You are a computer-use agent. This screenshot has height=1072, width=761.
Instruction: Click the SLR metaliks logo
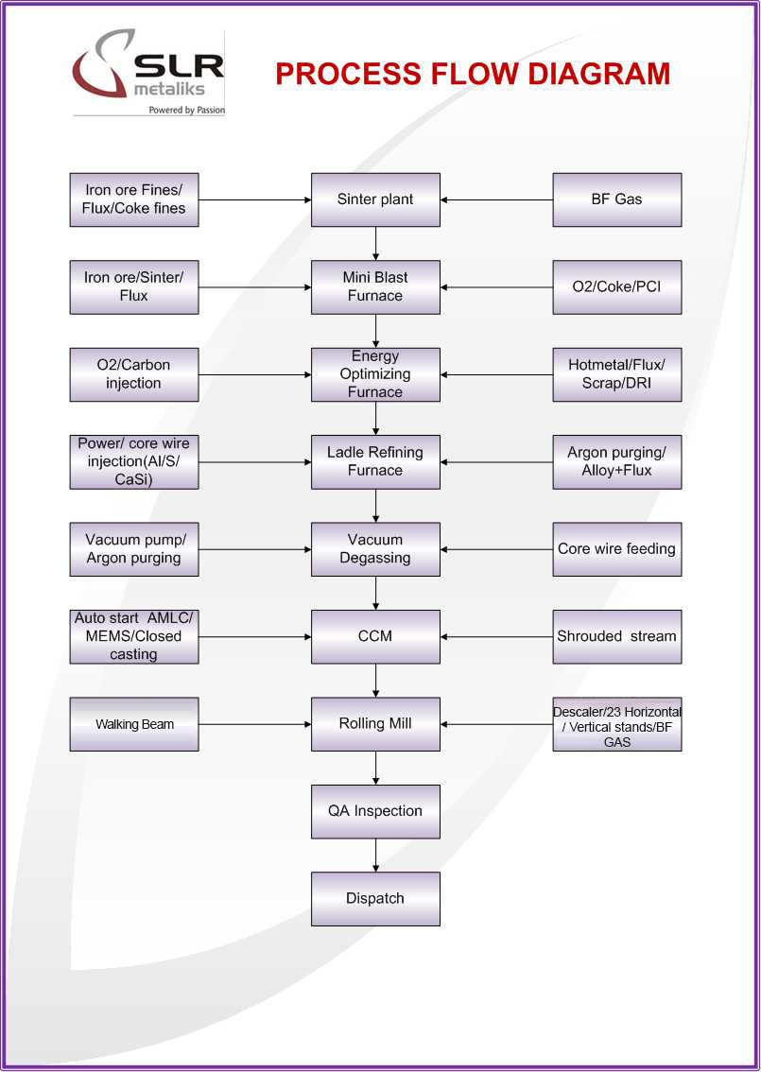(x=148, y=74)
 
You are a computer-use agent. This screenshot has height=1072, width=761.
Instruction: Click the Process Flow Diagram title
(x=473, y=74)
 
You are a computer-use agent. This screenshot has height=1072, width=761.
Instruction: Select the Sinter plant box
(x=375, y=199)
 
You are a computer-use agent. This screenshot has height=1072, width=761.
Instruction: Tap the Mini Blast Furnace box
(x=375, y=286)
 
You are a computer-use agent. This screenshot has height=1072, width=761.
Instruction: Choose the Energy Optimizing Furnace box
(x=375, y=374)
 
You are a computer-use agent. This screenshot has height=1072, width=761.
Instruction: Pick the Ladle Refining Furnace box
(x=375, y=461)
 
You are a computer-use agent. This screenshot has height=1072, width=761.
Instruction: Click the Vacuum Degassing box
(x=375, y=549)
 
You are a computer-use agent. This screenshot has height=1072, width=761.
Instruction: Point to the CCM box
(x=375, y=636)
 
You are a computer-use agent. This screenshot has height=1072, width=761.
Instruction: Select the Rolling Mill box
(x=375, y=724)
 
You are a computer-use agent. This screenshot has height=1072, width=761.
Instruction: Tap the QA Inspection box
(x=375, y=811)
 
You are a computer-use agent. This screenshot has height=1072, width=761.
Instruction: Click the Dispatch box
(x=375, y=899)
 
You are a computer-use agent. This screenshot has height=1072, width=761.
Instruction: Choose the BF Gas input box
(x=616, y=199)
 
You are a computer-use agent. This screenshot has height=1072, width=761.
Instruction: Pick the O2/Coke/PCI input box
(x=616, y=286)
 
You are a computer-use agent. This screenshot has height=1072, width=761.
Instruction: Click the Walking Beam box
(x=134, y=724)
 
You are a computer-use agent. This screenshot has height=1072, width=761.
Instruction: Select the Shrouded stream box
(x=616, y=636)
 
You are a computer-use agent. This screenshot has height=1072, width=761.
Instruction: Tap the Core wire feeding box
(x=616, y=549)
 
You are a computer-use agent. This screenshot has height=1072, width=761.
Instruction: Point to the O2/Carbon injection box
(x=134, y=374)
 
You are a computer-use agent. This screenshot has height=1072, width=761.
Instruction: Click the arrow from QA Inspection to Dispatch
(x=376, y=855)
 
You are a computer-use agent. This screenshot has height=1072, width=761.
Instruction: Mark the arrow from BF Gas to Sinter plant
(x=496, y=199)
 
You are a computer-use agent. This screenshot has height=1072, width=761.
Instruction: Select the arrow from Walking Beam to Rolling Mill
(x=255, y=724)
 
